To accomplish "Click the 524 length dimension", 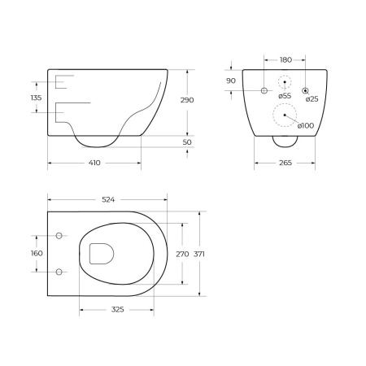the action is tap(108, 200).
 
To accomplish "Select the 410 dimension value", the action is tap(94, 163).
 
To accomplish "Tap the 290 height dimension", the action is tap(187, 100).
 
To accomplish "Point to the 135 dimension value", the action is tap(36, 98).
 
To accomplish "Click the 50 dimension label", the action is tap(187, 142).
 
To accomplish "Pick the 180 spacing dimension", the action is tap(285, 60).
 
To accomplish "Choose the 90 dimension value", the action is tap(231, 81).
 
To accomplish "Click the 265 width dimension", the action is tap(285, 163).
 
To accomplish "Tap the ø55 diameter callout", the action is tap(285, 96).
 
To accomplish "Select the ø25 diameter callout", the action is tap(312, 99).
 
